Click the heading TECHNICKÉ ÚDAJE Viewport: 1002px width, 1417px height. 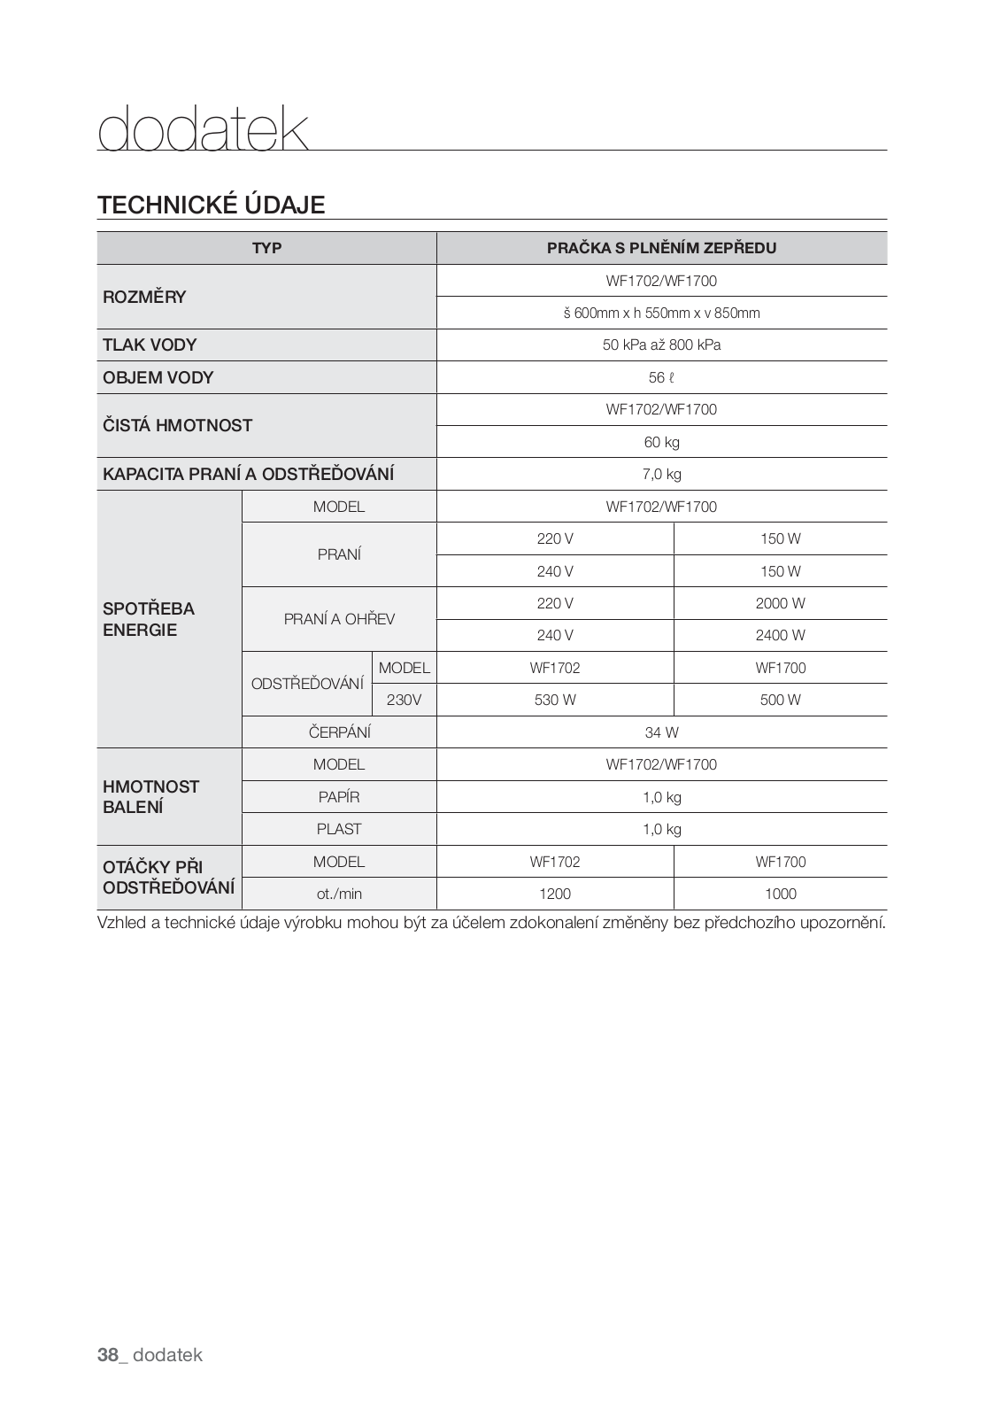coord(212,205)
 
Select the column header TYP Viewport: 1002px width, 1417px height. coord(266,248)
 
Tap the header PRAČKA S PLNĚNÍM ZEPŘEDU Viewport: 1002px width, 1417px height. coord(661,248)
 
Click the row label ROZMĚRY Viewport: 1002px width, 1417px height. coord(144,297)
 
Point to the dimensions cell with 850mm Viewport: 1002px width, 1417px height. coord(661,313)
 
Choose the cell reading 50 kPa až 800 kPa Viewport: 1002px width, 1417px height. coord(661,345)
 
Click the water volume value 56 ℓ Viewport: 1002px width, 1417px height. coord(661,377)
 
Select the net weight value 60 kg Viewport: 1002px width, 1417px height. coord(661,442)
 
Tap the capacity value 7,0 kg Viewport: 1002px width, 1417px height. coord(661,474)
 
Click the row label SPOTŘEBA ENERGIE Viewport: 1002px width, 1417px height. coord(149,619)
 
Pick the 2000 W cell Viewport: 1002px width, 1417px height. coord(780,603)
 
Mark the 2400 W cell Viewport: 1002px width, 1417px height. coord(780,635)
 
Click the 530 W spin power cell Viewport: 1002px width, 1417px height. coord(555,700)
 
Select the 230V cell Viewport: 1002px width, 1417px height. coord(404,700)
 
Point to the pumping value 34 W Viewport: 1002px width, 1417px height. coord(661,732)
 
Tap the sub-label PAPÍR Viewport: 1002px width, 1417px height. coord(339,797)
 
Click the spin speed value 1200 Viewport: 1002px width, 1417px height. coord(555,894)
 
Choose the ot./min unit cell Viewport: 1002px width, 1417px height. coord(339,894)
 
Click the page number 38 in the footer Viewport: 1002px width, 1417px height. coord(108,1355)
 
